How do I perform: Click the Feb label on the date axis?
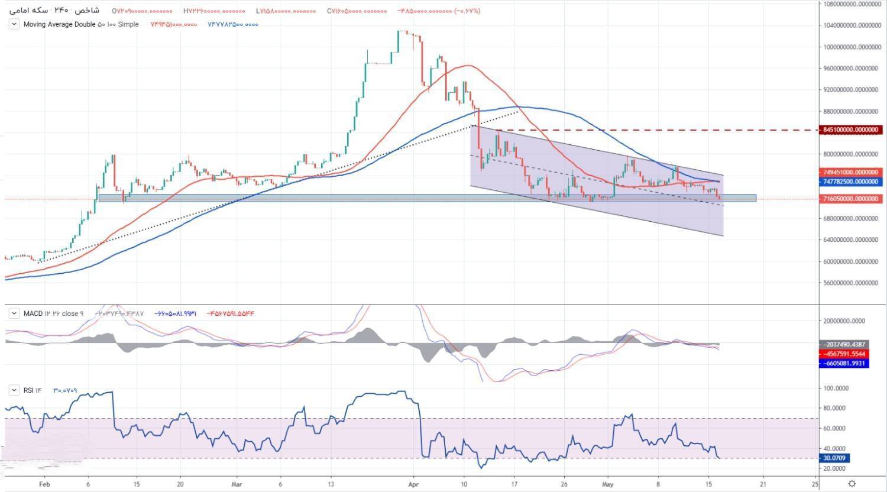pyautogui.click(x=44, y=483)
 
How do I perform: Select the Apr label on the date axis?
pyautogui.click(x=413, y=483)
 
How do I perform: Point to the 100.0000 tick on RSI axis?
pyautogui.click(x=837, y=389)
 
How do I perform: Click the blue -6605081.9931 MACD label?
pyautogui.click(x=844, y=363)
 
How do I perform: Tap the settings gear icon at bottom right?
pyautogui.click(x=852, y=484)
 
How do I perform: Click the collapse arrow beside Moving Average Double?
pyautogui.click(x=14, y=24)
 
